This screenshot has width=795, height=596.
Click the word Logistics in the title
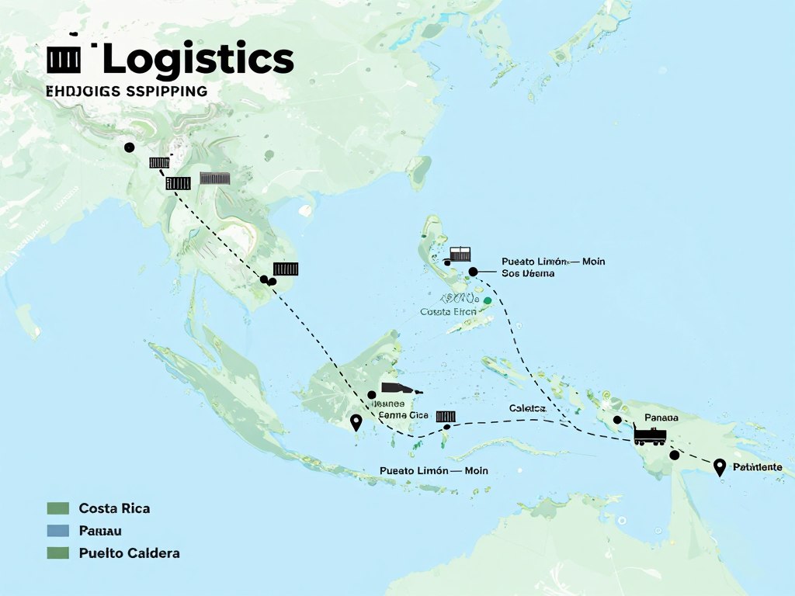click(198, 60)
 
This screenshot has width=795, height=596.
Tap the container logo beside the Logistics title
click(64, 59)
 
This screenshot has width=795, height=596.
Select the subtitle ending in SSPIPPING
click(127, 91)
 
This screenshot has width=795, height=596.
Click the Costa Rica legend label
click(114, 508)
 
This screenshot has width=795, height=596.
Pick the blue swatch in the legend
click(58, 531)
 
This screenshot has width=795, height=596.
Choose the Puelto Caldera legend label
click(129, 553)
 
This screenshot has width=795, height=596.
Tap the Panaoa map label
click(661, 418)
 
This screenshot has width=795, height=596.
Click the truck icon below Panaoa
click(650, 435)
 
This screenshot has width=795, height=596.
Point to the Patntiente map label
click(757, 467)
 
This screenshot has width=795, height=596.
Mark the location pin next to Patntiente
click(719, 466)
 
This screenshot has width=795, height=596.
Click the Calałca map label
click(528, 408)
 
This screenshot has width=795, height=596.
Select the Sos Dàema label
click(528, 273)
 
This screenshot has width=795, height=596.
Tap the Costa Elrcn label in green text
click(448, 311)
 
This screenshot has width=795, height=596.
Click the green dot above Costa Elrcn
click(488, 300)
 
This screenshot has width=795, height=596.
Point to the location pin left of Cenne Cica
click(356, 422)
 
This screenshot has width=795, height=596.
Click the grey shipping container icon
click(215, 178)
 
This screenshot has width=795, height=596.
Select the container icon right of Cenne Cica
click(446, 417)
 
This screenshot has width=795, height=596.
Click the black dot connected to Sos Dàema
click(473, 272)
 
